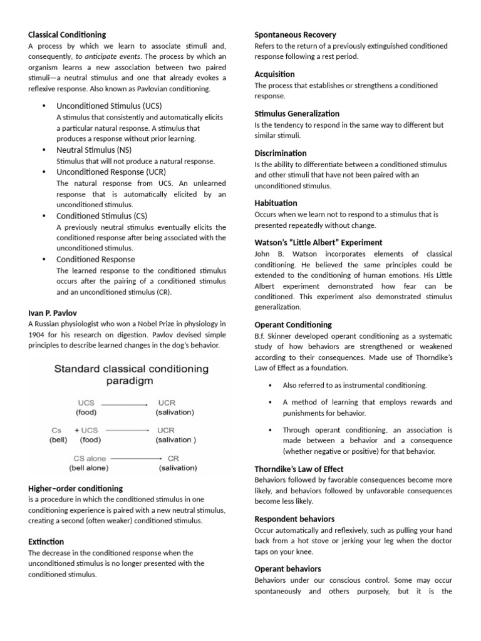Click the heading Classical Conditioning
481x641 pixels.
pos(67,34)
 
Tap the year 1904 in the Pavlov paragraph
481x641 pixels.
pos(39,334)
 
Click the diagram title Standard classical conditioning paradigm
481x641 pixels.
pos(131,374)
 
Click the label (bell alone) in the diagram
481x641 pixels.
pos(88,468)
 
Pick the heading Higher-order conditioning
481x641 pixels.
pos(75,488)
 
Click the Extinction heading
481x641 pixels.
pos(46,541)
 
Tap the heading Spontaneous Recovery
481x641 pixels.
pos(295,34)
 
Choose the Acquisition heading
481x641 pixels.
pos(274,74)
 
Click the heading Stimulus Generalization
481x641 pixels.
pos(297,113)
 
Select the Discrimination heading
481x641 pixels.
pos(281,153)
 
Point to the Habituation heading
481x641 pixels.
pos(276,203)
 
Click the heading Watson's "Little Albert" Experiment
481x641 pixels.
pos(318,242)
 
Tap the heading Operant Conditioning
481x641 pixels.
pos(293,324)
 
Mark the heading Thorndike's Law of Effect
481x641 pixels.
pos(299,469)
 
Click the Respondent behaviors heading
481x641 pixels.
pos(294,519)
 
